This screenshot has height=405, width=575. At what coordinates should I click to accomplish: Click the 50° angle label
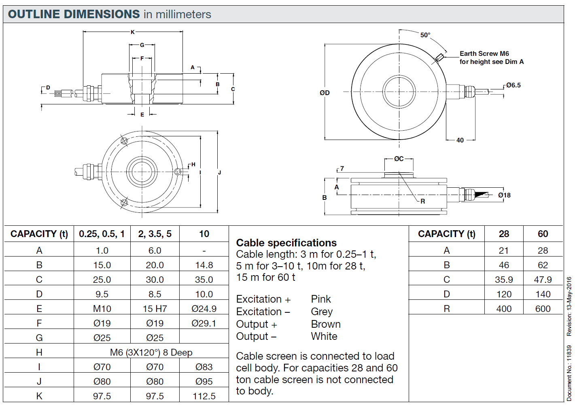point(425,35)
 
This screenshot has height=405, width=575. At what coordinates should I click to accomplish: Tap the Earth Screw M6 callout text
point(484,53)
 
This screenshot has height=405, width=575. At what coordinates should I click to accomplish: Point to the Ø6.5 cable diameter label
point(513,85)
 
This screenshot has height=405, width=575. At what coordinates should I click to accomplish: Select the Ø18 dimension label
point(504,195)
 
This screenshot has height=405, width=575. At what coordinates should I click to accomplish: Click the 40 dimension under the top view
point(460,140)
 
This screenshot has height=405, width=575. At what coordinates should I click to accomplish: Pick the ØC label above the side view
point(399,159)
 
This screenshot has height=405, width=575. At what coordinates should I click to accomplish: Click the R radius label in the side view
point(423,201)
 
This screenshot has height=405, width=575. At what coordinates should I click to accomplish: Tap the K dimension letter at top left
point(133,32)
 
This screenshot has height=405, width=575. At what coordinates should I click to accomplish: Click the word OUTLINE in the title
point(34,14)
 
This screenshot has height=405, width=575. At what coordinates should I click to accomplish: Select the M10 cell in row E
point(102,309)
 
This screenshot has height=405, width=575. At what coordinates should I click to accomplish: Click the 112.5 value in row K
point(204,396)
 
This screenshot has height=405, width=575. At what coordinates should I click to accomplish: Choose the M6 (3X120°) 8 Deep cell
point(151,352)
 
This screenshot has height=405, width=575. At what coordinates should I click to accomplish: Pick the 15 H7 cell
point(155,309)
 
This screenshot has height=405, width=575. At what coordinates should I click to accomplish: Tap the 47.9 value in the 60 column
point(543,280)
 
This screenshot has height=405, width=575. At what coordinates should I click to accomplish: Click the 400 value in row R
point(504,309)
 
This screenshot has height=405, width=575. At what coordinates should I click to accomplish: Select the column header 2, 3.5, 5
point(155,234)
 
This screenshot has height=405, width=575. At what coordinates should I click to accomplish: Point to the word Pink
point(321,299)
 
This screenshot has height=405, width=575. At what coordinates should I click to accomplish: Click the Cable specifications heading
point(286,243)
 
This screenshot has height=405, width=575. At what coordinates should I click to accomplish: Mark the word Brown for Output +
point(326,324)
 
